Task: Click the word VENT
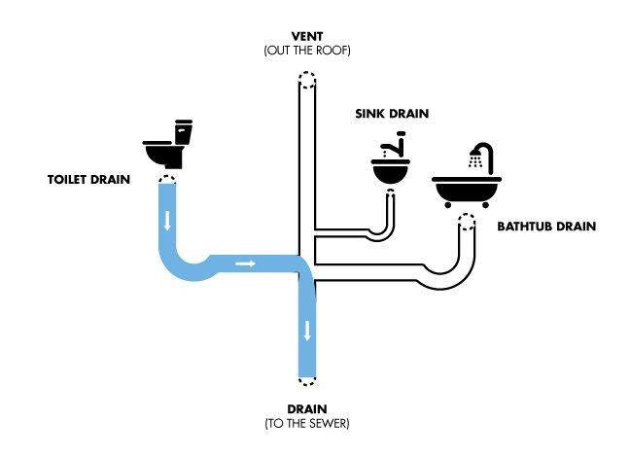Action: [307, 37]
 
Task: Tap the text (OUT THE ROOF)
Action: [307, 51]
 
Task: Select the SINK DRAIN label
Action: [392, 114]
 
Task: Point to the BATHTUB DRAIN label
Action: [546, 227]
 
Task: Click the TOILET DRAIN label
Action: [88, 179]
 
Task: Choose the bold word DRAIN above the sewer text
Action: [307, 409]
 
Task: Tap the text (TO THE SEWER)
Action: [307, 424]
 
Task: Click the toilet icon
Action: [167, 144]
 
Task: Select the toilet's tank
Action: [184, 132]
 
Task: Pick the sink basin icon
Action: [391, 171]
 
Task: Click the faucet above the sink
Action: [396, 144]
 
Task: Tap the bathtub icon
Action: [467, 192]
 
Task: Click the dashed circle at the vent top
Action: [307, 81]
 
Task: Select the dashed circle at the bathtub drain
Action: [467, 223]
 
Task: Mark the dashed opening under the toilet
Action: [167, 180]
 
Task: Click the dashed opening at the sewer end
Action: [307, 380]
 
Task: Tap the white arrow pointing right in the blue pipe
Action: [246, 263]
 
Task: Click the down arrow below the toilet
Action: [167, 220]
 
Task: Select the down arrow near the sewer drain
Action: [307, 331]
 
